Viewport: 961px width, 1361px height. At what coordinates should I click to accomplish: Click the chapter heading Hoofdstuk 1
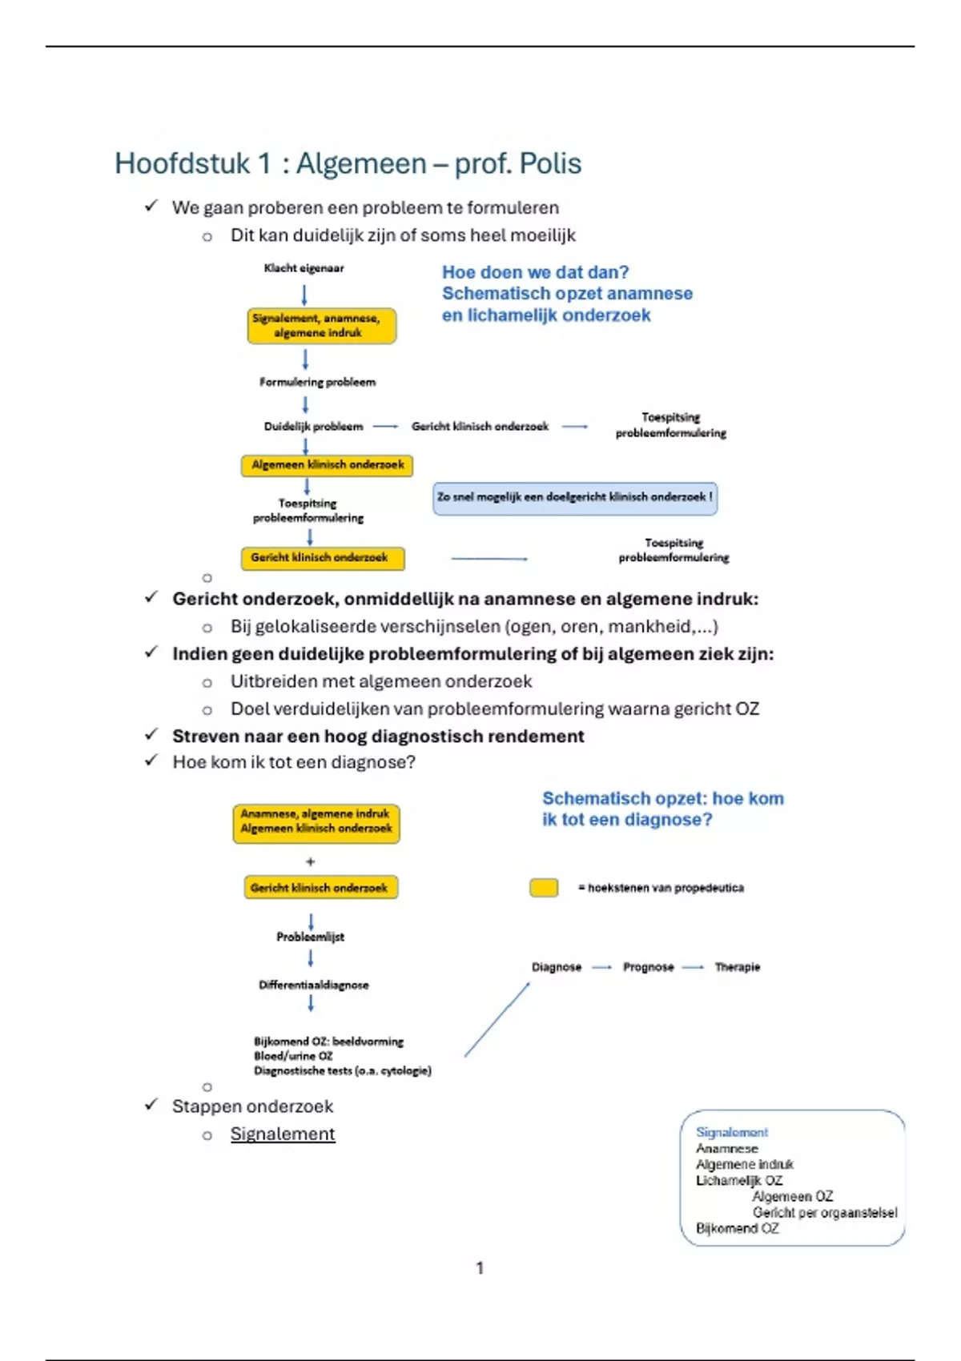click(348, 163)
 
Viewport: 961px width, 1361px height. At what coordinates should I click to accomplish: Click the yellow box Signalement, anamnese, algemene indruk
click(322, 326)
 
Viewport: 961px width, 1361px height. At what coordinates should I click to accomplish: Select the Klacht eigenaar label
click(304, 268)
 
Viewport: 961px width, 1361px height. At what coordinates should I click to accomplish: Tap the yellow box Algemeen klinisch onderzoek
click(327, 465)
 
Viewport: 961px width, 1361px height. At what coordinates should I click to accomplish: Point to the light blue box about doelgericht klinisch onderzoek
click(574, 497)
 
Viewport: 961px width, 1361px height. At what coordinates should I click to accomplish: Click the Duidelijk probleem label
click(313, 427)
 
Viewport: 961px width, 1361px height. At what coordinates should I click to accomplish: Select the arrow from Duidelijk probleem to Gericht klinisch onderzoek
click(385, 427)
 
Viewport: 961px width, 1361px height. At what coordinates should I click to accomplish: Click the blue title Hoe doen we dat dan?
click(535, 272)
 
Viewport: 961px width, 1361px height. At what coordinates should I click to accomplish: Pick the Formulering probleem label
click(317, 383)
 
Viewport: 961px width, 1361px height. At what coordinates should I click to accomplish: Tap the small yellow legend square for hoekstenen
click(544, 888)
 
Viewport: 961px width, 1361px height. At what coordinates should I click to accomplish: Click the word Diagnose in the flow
click(557, 967)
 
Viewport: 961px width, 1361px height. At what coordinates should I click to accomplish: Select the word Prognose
click(648, 967)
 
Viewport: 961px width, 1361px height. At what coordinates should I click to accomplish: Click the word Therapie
click(737, 967)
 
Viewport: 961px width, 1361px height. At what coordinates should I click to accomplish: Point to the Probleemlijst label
click(311, 937)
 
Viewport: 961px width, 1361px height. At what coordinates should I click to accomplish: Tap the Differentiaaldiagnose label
click(313, 986)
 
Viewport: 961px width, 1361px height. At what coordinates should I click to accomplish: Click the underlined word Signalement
click(283, 1134)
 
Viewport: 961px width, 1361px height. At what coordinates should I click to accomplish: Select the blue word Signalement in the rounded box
click(731, 1132)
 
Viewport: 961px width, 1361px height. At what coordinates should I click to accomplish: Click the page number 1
click(480, 1268)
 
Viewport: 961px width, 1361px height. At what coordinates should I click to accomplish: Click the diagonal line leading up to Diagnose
click(497, 1019)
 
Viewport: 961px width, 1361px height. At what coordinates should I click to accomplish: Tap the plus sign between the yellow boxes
click(311, 862)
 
